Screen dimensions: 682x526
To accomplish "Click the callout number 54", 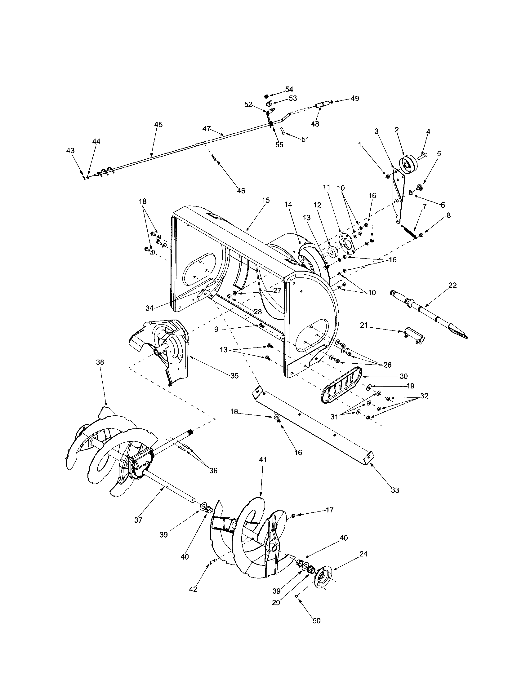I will (x=289, y=90).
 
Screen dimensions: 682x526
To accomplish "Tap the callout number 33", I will (x=395, y=490).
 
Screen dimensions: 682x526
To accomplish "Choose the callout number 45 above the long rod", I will (x=158, y=124).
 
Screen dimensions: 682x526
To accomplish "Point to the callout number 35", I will (x=234, y=376).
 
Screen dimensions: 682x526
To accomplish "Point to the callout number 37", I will (x=138, y=520).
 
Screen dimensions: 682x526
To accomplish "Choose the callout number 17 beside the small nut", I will (x=330, y=510).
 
